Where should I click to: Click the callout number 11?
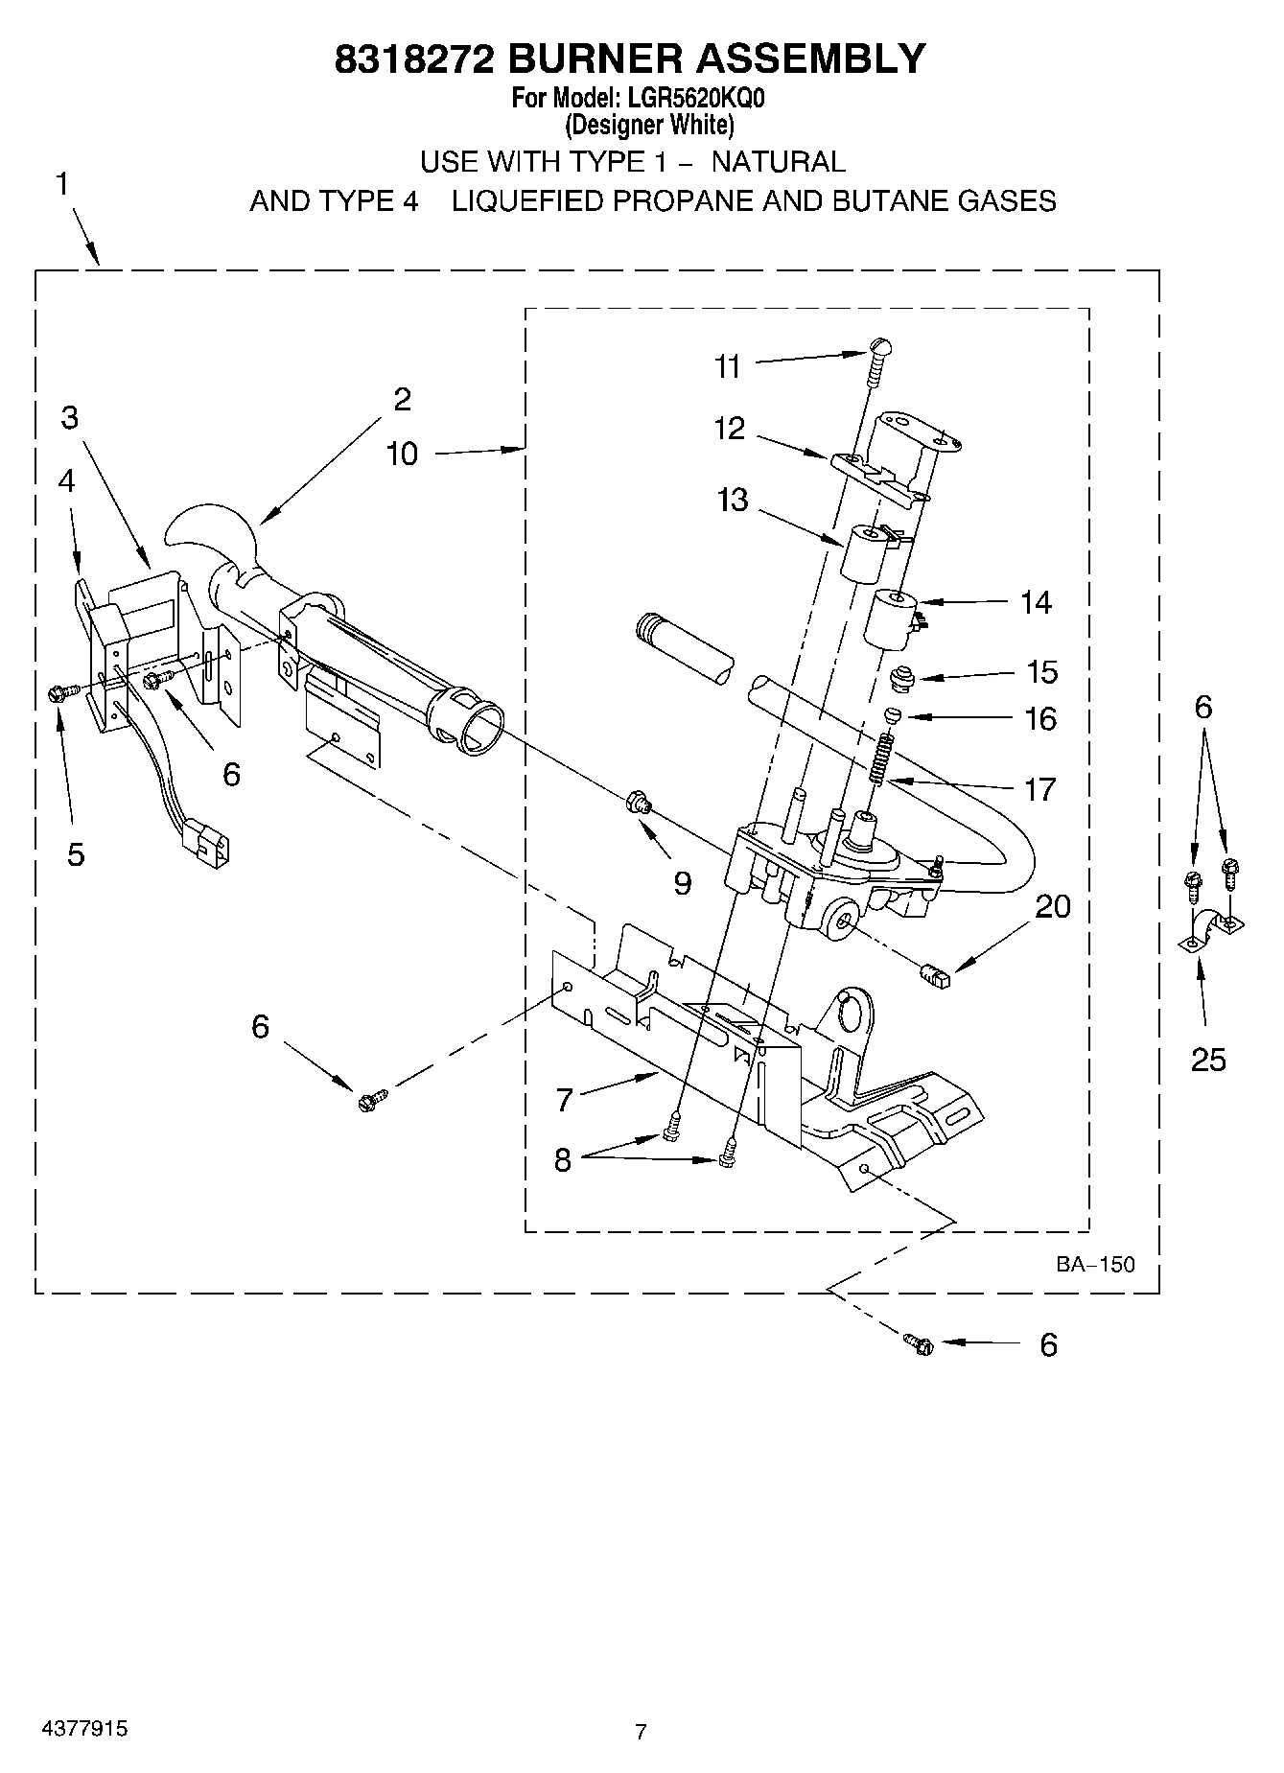pos(728,366)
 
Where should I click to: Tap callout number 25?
pos(1208,1060)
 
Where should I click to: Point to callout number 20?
pos(1053,906)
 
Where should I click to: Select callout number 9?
pos(682,882)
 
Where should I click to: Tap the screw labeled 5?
pos(57,693)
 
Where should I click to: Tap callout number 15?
pos(1042,672)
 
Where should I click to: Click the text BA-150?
pos(1095,1264)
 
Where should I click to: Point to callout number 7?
pos(564,1099)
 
